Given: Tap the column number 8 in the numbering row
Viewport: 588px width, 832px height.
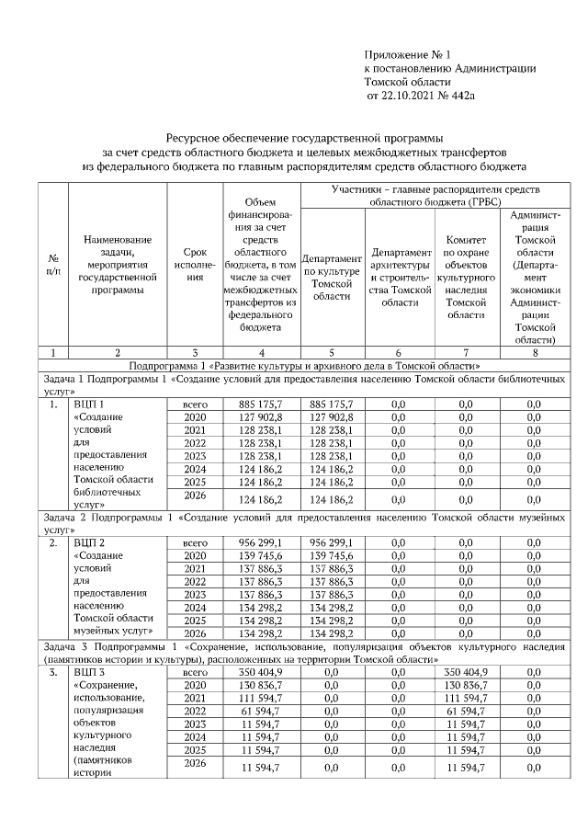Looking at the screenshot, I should (535, 352).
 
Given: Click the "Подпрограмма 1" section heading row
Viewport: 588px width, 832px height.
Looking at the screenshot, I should (293, 365).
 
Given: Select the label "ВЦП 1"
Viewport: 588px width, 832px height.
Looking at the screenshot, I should (88, 404).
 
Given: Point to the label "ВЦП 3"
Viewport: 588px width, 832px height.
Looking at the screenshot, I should (88, 673).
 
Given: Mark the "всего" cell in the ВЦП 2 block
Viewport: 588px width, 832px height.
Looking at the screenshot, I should (194, 543).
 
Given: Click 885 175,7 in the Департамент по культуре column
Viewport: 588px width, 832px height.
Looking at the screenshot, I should (333, 404).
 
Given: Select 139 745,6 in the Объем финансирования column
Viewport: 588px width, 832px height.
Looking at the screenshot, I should (262, 556).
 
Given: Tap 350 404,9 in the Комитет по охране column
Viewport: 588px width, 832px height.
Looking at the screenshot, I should (469, 673).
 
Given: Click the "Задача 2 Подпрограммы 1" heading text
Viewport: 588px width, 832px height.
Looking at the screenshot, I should (110, 519).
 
